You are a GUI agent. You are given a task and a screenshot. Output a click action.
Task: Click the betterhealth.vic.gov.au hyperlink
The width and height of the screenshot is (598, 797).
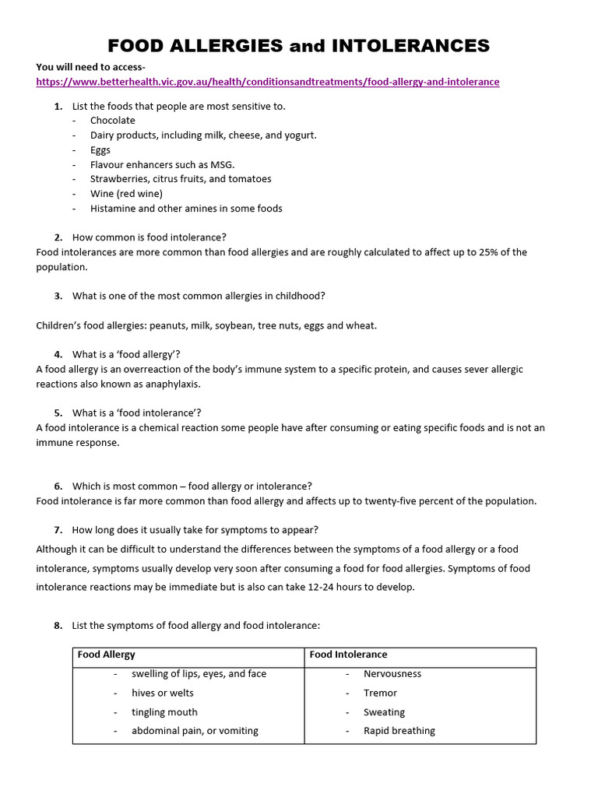tap(268, 82)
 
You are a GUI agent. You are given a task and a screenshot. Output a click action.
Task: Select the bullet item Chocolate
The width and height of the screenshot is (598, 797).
tap(112, 121)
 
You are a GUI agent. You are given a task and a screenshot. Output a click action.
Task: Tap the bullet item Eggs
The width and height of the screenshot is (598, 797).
tap(100, 149)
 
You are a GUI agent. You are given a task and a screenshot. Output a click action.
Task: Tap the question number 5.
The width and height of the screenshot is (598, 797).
tap(58, 413)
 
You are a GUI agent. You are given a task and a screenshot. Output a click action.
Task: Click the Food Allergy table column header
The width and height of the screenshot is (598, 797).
tap(106, 655)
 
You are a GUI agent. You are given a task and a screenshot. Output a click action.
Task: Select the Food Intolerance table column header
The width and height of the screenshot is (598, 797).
tap(348, 655)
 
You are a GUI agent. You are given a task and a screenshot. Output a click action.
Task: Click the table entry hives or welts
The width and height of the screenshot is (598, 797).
tap(163, 693)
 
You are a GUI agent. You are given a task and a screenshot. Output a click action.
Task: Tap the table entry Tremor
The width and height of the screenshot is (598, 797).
tap(380, 693)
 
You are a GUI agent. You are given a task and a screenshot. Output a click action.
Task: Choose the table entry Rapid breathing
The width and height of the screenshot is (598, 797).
tap(399, 731)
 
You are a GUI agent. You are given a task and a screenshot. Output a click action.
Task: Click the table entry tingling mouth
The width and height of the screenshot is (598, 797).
tap(164, 712)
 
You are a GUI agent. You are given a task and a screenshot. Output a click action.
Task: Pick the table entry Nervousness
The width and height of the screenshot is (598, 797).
tap(392, 674)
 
